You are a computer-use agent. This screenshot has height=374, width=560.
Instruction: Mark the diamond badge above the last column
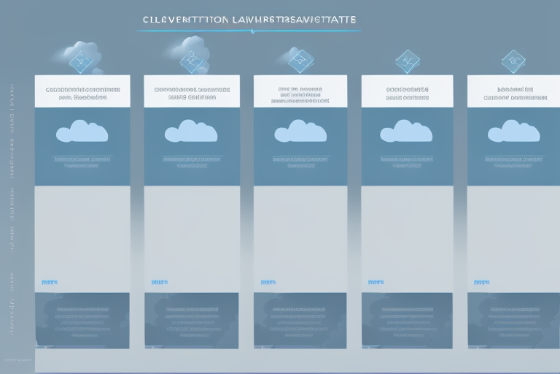click(x=513, y=61)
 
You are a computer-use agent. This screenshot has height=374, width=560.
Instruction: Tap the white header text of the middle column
click(x=300, y=95)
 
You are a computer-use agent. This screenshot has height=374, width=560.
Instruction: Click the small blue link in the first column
click(x=50, y=281)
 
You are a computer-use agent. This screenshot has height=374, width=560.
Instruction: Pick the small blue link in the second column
click(x=159, y=281)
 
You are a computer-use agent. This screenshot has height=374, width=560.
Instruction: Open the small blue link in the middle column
click(x=268, y=281)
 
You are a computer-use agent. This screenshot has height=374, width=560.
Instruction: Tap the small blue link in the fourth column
click(x=376, y=281)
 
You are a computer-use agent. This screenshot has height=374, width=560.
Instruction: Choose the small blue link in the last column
click(x=482, y=281)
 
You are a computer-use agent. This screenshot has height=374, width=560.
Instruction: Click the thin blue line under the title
click(x=248, y=31)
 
